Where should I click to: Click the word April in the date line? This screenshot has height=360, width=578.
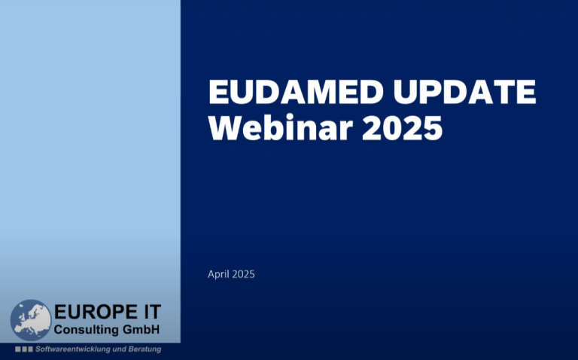218,275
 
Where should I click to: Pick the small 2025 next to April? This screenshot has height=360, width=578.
243,274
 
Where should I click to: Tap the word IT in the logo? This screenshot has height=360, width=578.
150,313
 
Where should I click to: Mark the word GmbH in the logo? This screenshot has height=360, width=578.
142,330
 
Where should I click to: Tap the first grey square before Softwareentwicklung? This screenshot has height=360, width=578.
17,349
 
